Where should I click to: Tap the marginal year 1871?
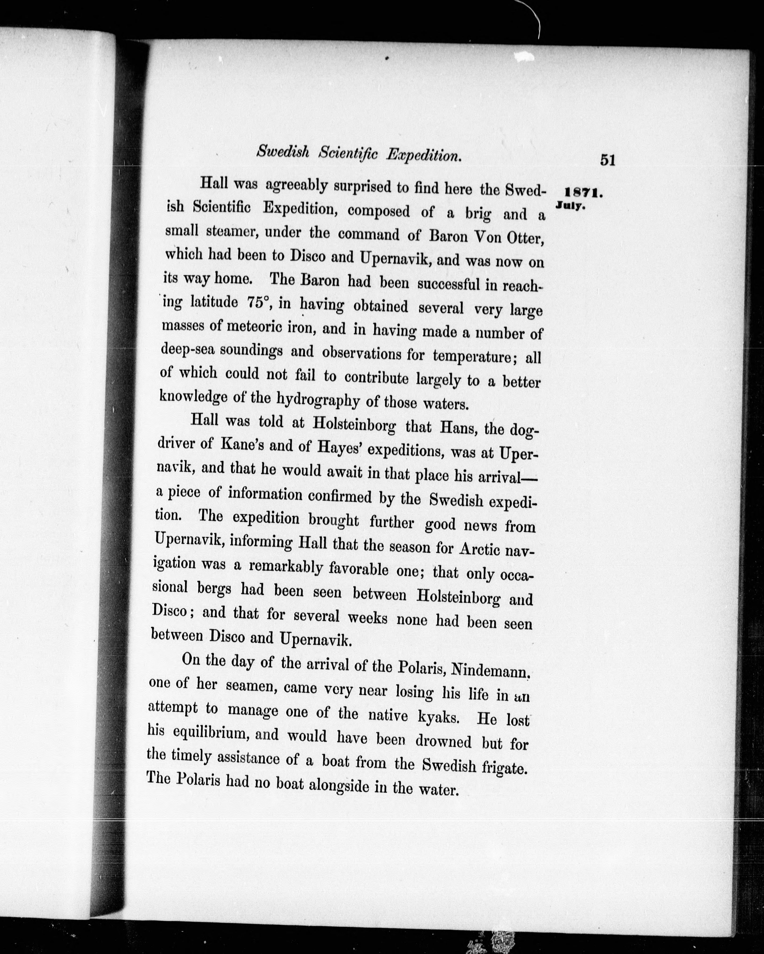584,193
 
